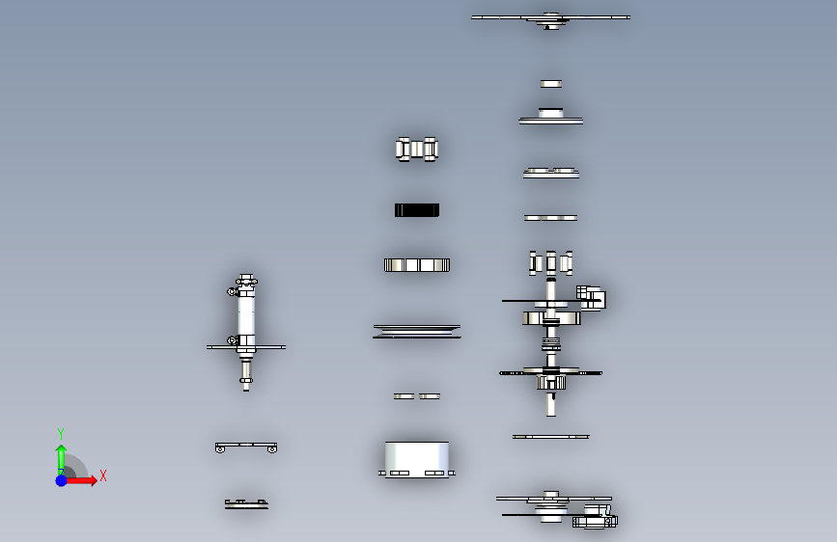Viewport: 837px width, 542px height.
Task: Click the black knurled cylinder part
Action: coord(417,210)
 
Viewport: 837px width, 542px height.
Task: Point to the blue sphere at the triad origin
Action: coord(62,479)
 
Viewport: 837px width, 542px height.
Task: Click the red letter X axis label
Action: coord(102,475)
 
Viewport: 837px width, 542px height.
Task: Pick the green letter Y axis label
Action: coord(61,433)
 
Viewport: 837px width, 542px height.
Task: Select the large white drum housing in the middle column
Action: coord(417,457)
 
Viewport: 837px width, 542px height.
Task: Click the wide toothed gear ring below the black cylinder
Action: coord(417,265)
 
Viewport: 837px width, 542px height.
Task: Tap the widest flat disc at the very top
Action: coord(550,17)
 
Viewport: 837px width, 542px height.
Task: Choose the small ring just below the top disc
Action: coord(550,84)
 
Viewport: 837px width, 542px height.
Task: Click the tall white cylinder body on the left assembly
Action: coord(246,313)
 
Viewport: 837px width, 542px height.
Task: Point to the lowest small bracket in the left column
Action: coord(246,503)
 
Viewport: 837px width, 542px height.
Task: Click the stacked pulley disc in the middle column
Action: coord(417,331)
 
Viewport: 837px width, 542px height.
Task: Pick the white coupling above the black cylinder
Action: coord(417,149)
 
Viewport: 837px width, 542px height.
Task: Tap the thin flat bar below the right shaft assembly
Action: coord(550,437)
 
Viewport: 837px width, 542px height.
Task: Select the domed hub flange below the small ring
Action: coord(551,117)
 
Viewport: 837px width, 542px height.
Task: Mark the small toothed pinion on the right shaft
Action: coord(551,383)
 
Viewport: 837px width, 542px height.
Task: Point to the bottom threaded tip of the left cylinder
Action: coord(246,383)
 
